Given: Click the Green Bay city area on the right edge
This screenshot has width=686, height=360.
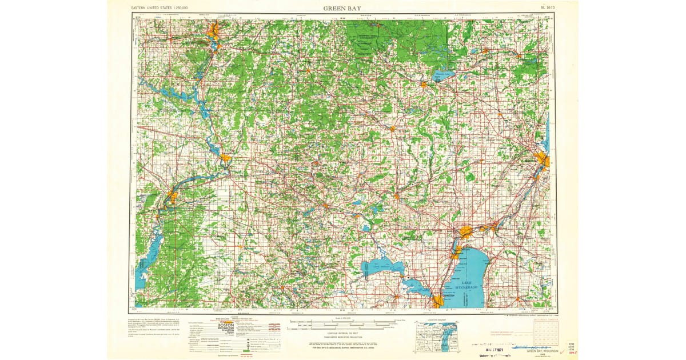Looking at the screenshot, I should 541,159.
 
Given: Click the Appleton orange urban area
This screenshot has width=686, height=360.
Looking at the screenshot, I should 466,232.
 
